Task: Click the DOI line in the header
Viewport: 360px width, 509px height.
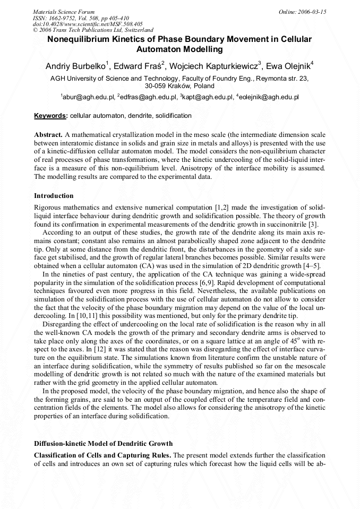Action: [x=88, y=24]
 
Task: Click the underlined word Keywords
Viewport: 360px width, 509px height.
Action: [x=50, y=116]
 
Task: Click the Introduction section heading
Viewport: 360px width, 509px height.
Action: [x=54, y=196]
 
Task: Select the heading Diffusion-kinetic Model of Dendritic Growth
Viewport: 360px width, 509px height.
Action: [x=103, y=443]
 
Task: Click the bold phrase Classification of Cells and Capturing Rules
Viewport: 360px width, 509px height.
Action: [x=102, y=455]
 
